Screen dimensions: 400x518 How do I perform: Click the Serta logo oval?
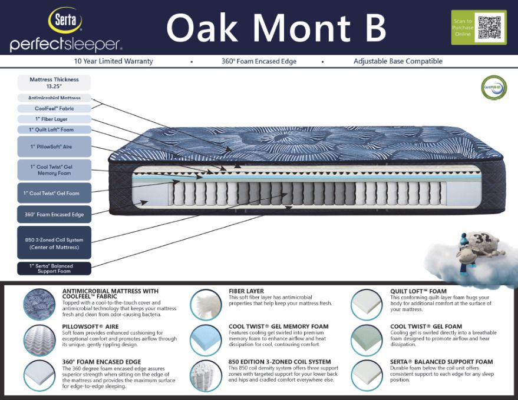[x=65, y=21]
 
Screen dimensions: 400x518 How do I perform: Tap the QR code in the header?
[x=489, y=27]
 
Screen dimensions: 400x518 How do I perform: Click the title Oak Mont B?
[x=275, y=27]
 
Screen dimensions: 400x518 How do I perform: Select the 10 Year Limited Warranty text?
[x=113, y=61]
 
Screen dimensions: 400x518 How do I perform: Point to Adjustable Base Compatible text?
[x=398, y=61]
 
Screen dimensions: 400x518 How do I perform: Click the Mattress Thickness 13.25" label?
[x=54, y=82]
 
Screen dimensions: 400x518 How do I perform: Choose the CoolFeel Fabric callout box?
[x=54, y=108]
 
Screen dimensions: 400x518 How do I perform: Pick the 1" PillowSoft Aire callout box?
[x=54, y=146]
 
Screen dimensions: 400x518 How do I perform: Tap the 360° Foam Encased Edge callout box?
[x=54, y=215]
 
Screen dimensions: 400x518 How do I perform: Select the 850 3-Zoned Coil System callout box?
[x=54, y=243]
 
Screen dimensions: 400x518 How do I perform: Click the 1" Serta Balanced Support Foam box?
[x=54, y=269]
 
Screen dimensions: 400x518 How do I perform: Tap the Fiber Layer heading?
[x=246, y=291]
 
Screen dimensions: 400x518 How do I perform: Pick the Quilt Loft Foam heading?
[x=418, y=291]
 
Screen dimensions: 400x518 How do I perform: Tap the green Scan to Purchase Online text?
[x=463, y=28]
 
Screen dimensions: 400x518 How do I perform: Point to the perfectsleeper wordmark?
[x=66, y=44]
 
